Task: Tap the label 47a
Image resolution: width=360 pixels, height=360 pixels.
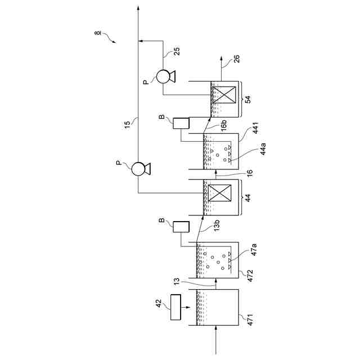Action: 253,250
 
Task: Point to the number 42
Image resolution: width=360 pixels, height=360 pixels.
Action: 159,304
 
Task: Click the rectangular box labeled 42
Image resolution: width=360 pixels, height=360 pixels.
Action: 175,307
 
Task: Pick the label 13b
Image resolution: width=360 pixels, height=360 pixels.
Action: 217,225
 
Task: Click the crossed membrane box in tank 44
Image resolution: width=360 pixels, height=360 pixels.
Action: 219,193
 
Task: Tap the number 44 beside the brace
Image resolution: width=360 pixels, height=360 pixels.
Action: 248,197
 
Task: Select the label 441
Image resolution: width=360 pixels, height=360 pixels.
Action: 255,128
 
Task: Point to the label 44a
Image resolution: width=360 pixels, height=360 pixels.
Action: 263,148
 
